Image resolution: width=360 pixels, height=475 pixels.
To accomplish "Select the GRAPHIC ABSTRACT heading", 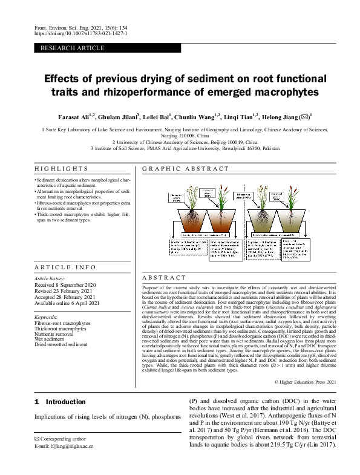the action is (x=178, y=169).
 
